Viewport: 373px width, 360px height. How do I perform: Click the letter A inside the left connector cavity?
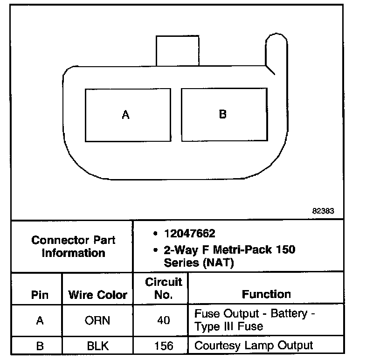[x=126, y=115]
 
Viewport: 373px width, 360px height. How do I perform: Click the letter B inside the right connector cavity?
[x=223, y=114]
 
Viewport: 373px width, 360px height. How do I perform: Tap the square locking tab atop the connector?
[x=178, y=51]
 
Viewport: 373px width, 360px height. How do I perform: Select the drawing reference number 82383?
[x=323, y=211]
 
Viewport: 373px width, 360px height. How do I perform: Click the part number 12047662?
[x=190, y=233]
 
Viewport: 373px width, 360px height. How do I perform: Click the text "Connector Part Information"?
[x=73, y=247]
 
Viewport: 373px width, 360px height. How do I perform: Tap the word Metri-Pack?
[x=242, y=249]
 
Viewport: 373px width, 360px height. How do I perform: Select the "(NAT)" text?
[x=219, y=263]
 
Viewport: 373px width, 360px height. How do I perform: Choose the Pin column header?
[x=40, y=295]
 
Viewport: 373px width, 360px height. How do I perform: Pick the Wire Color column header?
[x=97, y=295]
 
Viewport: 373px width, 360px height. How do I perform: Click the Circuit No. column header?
[x=164, y=288]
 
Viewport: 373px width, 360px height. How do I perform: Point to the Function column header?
[x=266, y=294]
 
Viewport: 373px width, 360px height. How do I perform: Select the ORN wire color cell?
[x=97, y=320]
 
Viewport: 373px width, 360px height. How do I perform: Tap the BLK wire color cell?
[x=98, y=346]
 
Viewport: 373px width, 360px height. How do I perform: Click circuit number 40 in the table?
[x=164, y=320]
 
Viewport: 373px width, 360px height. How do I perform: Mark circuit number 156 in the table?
[x=164, y=346]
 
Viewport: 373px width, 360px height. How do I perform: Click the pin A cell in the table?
[x=40, y=320]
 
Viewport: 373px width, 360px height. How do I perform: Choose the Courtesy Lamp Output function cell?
[x=254, y=346]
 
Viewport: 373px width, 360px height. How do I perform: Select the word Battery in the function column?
[x=289, y=313]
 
